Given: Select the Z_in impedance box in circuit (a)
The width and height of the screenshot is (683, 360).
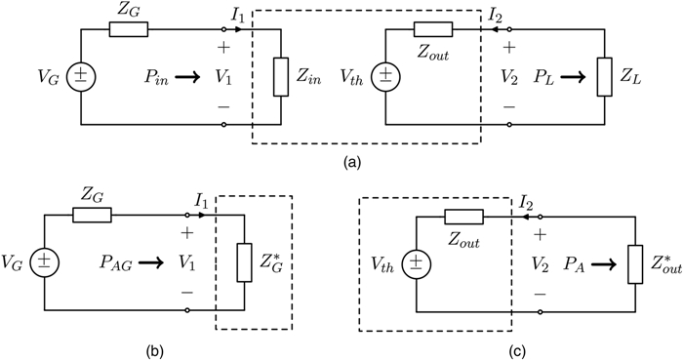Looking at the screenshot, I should tap(279, 75).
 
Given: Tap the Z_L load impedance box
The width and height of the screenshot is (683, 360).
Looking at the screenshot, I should tap(605, 75).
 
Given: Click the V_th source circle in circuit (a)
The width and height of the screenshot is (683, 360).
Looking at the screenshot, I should tap(386, 75).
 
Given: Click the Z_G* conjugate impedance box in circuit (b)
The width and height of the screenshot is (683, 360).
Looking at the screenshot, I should tap(243, 261).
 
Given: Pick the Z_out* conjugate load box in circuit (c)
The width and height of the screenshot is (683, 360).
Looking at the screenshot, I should tap(637, 261).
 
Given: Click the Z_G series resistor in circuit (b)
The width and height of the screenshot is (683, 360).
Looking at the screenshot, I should tap(93, 215).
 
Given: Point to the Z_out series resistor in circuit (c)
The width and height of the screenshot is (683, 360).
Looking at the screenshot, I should tap(463, 216).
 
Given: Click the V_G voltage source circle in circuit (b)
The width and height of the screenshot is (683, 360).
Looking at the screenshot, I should tap(42, 261).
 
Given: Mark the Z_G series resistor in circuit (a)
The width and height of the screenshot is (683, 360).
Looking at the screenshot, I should tap(127, 28).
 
